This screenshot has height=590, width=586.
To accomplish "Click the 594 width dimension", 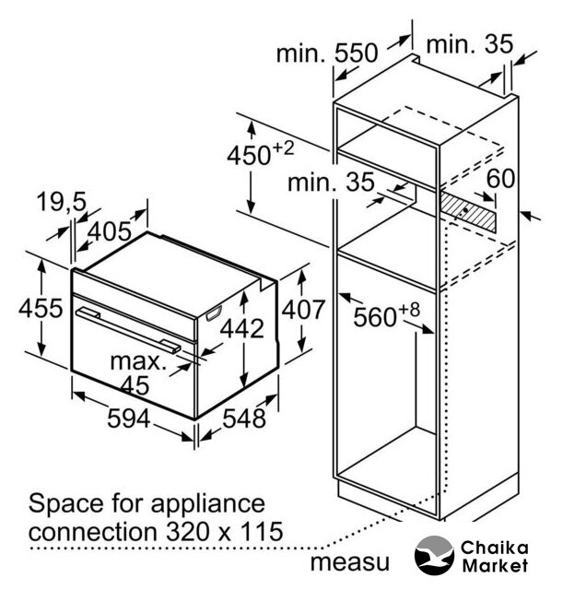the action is click(129, 418).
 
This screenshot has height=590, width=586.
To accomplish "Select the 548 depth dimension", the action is click(244, 418).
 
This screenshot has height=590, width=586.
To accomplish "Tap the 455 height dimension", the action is click(41, 308).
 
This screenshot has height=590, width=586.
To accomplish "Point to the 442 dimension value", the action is click(241, 328).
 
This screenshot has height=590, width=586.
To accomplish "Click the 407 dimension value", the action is click(303, 310).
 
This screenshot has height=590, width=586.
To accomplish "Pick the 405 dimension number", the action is click(110, 231).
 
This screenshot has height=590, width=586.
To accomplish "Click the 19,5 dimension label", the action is click(62, 203).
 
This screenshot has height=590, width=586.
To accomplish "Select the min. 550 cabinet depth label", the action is click(327, 53).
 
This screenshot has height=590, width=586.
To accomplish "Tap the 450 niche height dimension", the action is click(260, 153).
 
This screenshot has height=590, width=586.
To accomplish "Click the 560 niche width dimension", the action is click(386, 314).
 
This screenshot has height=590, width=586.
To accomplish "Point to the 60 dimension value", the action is click(500, 178).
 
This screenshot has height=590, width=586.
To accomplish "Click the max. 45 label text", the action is click(137, 373).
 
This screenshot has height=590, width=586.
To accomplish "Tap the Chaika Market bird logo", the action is click(434, 555).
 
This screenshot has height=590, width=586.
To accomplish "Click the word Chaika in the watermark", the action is click(495, 548).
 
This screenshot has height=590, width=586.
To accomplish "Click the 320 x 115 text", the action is click(225, 531).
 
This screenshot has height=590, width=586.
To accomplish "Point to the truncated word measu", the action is click(350, 562).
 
